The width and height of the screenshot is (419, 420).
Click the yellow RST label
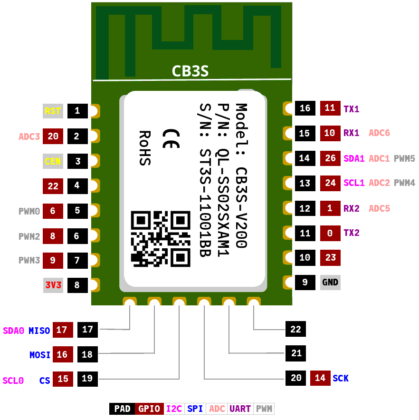(x=53, y=111)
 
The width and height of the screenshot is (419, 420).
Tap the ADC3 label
(x=29, y=137)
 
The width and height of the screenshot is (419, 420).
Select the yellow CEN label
(x=53, y=161)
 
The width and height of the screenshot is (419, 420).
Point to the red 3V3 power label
(x=53, y=285)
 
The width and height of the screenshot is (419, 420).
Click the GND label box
(x=330, y=283)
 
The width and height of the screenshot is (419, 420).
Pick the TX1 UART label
(x=352, y=109)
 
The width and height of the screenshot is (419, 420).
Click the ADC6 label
(x=379, y=133)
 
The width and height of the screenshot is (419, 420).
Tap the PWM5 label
(x=404, y=158)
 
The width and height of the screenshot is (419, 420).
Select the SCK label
(x=340, y=378)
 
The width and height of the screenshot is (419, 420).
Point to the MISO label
(x=39, y=331)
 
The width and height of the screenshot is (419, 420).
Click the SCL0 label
(x=13, y=381)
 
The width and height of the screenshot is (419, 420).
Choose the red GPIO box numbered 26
(x=330, y=158)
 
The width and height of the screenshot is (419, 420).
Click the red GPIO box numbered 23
(x=330, y=258)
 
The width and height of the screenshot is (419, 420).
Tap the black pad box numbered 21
(x=295, y=353)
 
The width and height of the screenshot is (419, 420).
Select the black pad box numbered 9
(x=305, y=283)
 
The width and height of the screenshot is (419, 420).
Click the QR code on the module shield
(x=161, y=239)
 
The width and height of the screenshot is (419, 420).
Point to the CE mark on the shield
(x=171, y=138)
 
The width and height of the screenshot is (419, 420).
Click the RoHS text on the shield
(x=145, y=148)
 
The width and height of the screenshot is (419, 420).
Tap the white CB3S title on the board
(x=190, y=71)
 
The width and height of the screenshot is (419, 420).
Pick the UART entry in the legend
(x=240, y=409)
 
